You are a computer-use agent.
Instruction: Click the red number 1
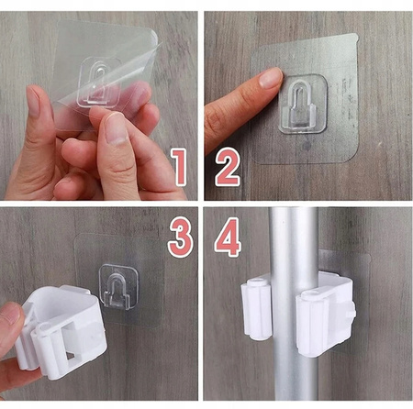[x=179, y=167]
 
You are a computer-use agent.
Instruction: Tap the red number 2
[x=228, y=167]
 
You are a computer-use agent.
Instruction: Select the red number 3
[x=180, y=237]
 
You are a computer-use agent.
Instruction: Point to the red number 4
[x=228, y=237]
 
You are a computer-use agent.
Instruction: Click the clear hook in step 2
[x=303, y=104]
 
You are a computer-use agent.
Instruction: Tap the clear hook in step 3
[x=117, y=287]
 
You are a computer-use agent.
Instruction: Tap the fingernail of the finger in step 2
[x=271, y=78]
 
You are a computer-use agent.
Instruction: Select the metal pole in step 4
[x=293, y=304]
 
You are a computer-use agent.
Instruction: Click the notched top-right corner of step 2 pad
[x=355, y=37]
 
